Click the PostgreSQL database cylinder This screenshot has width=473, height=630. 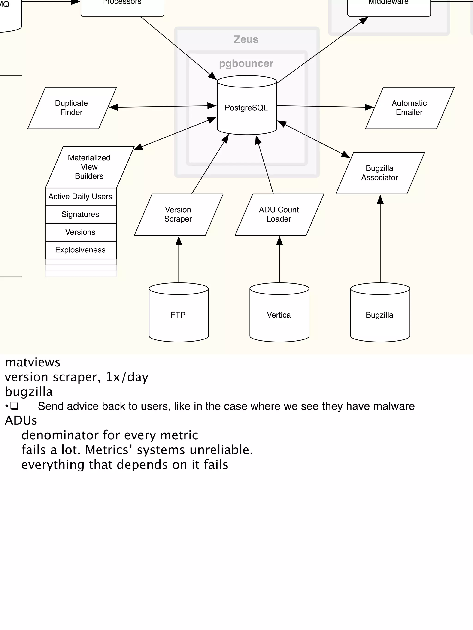[247, 108]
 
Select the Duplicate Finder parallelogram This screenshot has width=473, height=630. [72, 108]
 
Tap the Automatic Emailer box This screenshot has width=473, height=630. [409, 108]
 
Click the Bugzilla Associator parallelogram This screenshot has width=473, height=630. [380, 173]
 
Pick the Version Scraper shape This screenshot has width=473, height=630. [179, 214]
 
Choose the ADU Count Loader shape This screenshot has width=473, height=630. [279, 214]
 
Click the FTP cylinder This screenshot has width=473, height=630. [179, 315]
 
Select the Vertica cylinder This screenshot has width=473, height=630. [279, 315]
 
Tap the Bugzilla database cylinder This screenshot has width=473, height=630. [380, 315]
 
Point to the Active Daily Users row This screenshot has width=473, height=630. [81, 197]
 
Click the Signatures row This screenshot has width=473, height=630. [81, 214]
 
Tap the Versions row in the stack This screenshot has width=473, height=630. [81, 232]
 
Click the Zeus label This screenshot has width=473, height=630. [246, 39]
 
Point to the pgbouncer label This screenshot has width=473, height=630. [246, 63]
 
